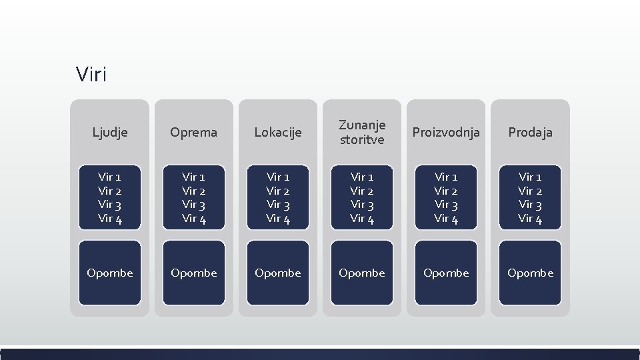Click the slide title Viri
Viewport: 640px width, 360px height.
point(91,74)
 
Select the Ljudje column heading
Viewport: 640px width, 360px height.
point(110,133)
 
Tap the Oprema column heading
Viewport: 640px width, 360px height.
point(194,133)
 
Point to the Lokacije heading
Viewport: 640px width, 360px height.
point(278,133)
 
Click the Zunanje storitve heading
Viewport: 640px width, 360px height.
point(362,132)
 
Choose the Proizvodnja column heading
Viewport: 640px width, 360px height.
point(446,133)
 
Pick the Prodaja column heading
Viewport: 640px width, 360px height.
point(530,133)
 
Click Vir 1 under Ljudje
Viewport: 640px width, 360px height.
point(109,177)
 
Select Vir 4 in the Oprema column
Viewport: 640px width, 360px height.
point(194,219)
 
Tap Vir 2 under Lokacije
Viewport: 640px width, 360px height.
point(278,191)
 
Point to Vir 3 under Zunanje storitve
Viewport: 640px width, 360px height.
point(362,205)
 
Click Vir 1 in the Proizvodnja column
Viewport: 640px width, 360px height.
point(446,177)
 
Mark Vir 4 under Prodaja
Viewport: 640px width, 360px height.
point(530,219)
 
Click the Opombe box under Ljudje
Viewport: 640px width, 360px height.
point(110,273)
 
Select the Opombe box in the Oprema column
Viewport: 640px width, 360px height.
point(194,273)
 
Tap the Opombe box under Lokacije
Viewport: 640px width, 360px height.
point(278,273)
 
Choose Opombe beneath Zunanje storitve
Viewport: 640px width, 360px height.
point(362,273)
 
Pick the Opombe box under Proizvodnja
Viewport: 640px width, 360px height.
point(446,273)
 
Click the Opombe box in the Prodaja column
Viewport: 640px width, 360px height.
point(530,273)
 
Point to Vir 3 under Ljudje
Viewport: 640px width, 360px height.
point(109,205)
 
